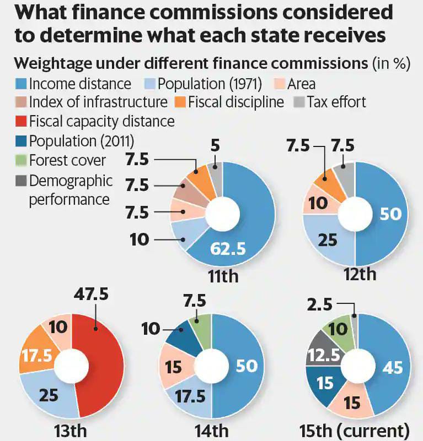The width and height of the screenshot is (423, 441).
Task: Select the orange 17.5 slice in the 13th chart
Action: [37, 355]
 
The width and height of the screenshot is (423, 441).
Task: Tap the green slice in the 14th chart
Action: [202, 325]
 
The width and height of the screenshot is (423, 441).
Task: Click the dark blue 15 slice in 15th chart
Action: [325, 383]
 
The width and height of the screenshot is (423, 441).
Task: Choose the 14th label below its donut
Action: [212, 429]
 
